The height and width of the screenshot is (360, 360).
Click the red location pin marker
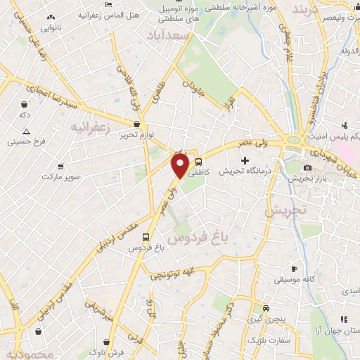[181, 166]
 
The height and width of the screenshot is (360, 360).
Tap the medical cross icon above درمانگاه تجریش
[245, 161]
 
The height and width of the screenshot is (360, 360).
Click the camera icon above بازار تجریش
[307, 167]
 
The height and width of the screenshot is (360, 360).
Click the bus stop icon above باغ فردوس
[146, 237]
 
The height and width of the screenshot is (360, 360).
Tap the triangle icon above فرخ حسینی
[26, 131]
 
